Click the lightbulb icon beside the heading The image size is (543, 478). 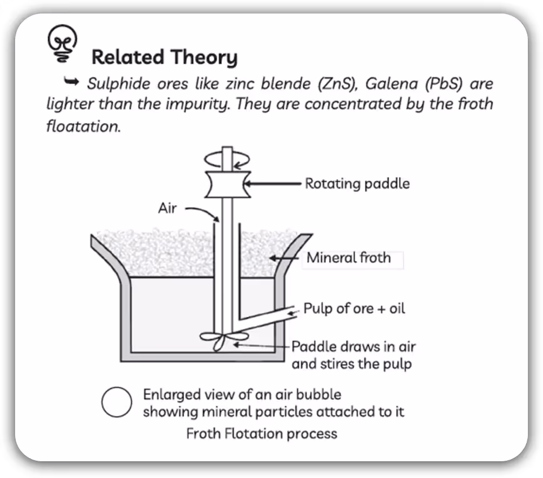point(62,43)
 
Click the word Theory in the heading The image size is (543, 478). point(204,57)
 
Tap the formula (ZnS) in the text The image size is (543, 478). point(337,84)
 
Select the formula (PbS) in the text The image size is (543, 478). point(444,84)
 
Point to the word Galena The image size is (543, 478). point(391,84)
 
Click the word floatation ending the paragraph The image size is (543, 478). point(84,126)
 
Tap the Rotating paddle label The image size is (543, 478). point(357,183)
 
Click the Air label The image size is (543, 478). point(167,208)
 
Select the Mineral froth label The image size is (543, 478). point(348,257)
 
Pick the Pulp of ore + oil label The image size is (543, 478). point(354,309)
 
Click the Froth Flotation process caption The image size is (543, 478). point(261,433)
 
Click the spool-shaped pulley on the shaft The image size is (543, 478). point(228,184)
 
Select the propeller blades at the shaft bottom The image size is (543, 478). point(223,340)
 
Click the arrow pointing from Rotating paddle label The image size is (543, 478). point(272,184)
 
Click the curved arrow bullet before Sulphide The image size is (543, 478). point(71,81)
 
